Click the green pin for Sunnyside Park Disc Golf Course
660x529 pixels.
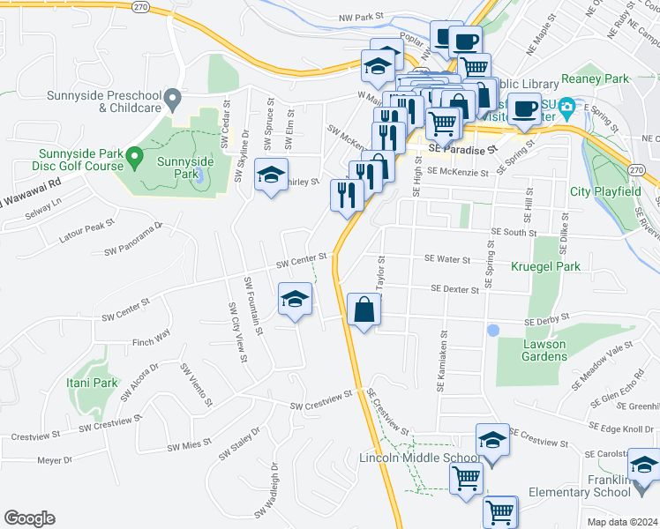pos(134,158)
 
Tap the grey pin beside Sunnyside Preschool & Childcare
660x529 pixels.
pos(173,95)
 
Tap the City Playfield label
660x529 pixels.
pos(604,191)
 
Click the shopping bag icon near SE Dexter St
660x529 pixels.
pos(364,309)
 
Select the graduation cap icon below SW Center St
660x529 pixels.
pos(295,299)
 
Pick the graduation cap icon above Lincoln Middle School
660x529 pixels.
pos(492,440)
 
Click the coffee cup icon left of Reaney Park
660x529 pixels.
pos(525,108)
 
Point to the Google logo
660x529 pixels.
pos(29,518)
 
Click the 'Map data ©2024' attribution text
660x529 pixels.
pos(622,522)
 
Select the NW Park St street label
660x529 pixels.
pos(363,17)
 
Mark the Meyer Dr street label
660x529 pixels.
pos(55,460)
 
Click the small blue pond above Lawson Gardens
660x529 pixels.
pos(492,330)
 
